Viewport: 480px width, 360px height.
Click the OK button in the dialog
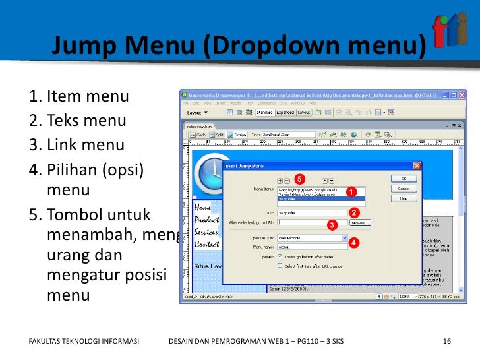[404, 178]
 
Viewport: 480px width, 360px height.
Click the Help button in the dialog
[404, 198]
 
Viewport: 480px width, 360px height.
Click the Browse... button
[360, 223]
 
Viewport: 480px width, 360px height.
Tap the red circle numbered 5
[299, 179]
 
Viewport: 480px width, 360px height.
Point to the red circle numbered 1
[351, 191]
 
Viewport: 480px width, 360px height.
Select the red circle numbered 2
[354, 212]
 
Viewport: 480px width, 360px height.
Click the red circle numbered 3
[332, 225]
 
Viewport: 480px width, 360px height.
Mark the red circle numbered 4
[354, 242]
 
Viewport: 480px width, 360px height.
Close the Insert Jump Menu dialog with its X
[417, 165]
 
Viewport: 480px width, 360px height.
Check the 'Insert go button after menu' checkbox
[280, 256]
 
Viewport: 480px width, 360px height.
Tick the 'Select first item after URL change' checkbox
[280, 266]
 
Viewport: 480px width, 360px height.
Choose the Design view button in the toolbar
[239, 134]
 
